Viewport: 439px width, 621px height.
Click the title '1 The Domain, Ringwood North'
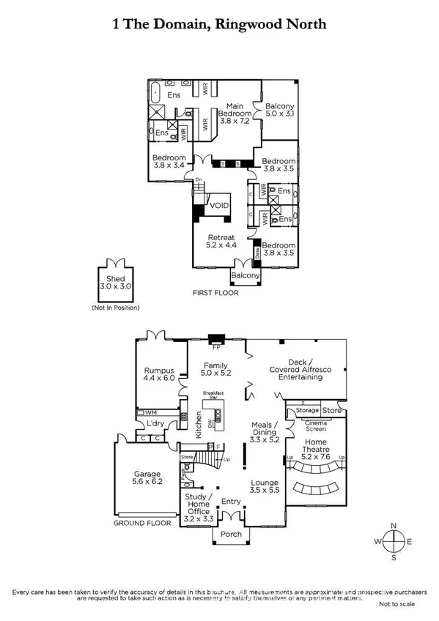coord(219,25)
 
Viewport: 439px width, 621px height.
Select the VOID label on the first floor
coord(219,207)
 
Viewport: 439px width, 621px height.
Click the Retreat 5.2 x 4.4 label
coord(221,242)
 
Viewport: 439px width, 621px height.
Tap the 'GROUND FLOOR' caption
coord(142,523)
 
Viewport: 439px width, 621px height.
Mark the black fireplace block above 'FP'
coord(215,338)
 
